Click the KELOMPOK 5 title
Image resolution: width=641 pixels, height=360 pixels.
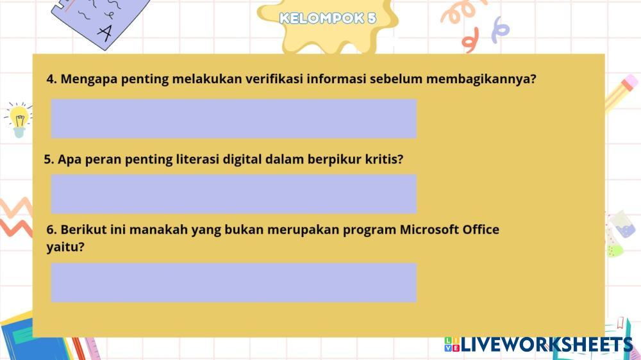click(328, 18)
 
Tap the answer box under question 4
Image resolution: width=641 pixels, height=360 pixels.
click(234, 119)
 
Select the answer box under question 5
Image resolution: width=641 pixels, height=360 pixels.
click(234, 194)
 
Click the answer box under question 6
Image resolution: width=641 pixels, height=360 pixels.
click(234, 282)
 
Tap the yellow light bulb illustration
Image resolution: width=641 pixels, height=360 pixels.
click(19, 120)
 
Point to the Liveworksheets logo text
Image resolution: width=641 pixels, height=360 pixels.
click(539, 345)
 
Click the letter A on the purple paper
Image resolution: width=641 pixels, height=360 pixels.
click(105, 33)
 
